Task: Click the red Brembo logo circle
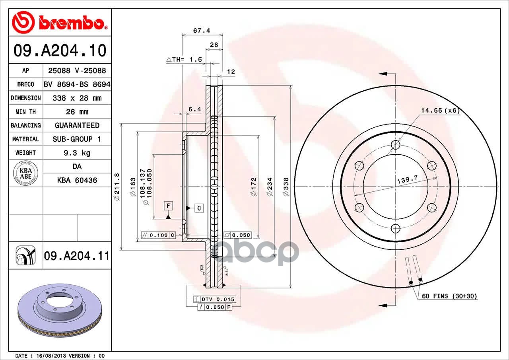[x=23, y=22]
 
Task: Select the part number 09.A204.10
[x=60, y=51]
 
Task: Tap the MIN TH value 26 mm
[x=77, y=112]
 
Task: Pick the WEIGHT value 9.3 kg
[x=77, y=153]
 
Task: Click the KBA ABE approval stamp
[x=26, y=173]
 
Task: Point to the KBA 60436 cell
[x=77, y=180]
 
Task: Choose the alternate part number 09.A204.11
[x=77, y=256]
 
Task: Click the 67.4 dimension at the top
[x=202, y=31]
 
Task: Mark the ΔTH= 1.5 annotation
[x=184, y=60]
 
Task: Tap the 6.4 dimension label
[x=195, y=109]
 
